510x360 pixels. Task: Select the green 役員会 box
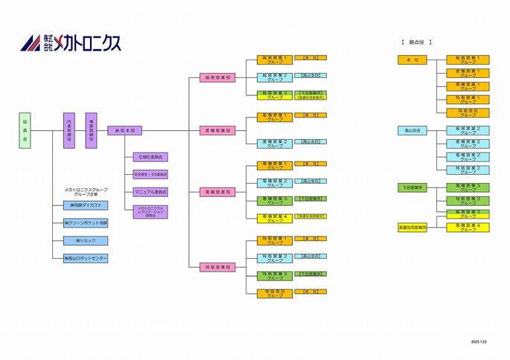[25, 130]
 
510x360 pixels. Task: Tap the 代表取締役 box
[69, 130]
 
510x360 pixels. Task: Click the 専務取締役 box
[92, 130]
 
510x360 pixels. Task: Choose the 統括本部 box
[124, 130]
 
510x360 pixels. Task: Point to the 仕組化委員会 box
[150, 157]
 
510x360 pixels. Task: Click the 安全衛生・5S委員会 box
[150, 174]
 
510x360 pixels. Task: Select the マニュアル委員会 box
[150, 192]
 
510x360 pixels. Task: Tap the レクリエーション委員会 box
[150, 212]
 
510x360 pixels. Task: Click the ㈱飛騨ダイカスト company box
[86, 205]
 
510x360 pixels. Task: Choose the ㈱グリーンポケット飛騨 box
[86, 222]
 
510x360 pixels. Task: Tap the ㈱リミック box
[86, 240]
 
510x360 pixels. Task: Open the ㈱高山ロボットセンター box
[86, 258]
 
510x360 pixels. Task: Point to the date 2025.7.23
[479, 342]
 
